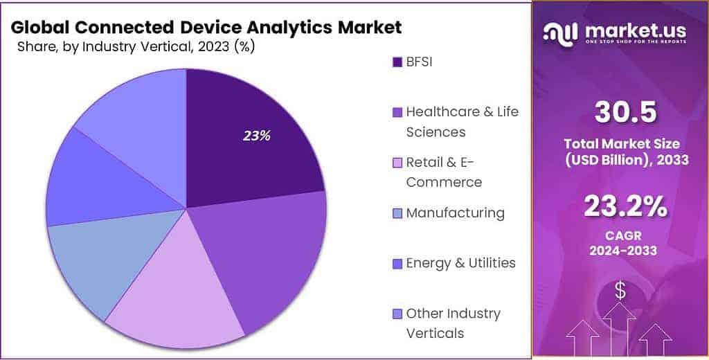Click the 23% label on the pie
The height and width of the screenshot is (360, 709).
tap(256, 136)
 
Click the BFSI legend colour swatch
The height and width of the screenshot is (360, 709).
tap(397, 62)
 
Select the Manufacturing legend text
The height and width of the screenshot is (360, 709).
tap(455, 213)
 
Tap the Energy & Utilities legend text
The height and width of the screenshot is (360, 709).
tap(460, 263)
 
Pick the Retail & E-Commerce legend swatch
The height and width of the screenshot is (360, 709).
tap(397, 163)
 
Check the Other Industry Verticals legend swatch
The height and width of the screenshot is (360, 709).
tap(397, 314)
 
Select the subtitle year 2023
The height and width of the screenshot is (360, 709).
tap(212, 46)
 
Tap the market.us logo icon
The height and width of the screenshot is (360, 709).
tap(560, 32)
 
